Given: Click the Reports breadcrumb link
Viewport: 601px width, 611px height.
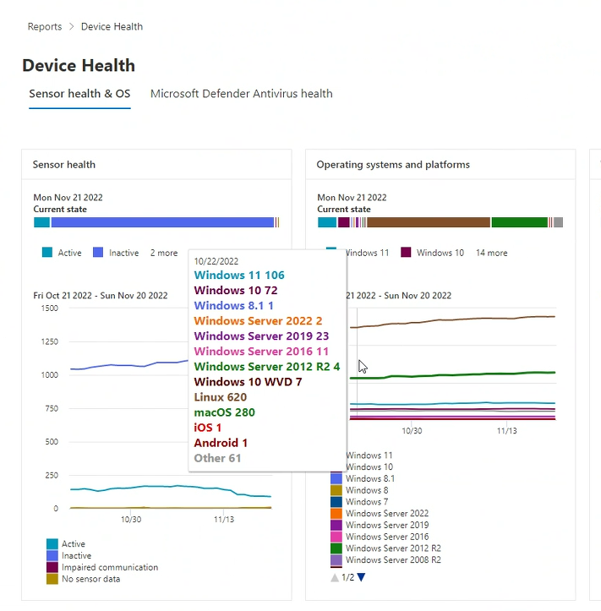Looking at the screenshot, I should click(44, 27).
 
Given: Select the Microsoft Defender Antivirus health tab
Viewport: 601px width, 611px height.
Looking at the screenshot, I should click(241, 94).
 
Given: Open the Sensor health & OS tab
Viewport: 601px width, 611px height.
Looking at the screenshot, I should click(79, 94).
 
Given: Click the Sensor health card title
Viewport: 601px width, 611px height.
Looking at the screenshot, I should click(64, 165).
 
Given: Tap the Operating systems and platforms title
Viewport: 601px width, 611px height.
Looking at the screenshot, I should click(393, 165).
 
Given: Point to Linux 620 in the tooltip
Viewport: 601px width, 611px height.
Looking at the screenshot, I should click(220, 397).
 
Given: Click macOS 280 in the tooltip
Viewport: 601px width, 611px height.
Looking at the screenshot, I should click(224, 412).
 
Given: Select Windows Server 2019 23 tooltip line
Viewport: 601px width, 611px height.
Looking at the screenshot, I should click(261, 336).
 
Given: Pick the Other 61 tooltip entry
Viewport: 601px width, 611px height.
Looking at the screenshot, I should click(217, 458).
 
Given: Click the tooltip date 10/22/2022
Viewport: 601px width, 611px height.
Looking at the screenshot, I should click(216, 262).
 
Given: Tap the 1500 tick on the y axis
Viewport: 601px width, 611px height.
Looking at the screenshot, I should click(48, 308).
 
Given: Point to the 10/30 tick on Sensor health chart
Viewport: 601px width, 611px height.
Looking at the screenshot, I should click(131, 519).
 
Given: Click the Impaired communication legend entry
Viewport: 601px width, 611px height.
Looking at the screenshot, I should click(109, 568).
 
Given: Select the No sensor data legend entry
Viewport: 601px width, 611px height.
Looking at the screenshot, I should click(90, 579).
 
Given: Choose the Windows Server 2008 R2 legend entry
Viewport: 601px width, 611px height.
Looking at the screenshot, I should click(393, 559).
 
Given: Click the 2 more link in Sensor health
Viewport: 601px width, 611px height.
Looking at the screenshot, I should click(164, 253).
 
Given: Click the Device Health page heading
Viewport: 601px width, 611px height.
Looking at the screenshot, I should click(79, 66).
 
